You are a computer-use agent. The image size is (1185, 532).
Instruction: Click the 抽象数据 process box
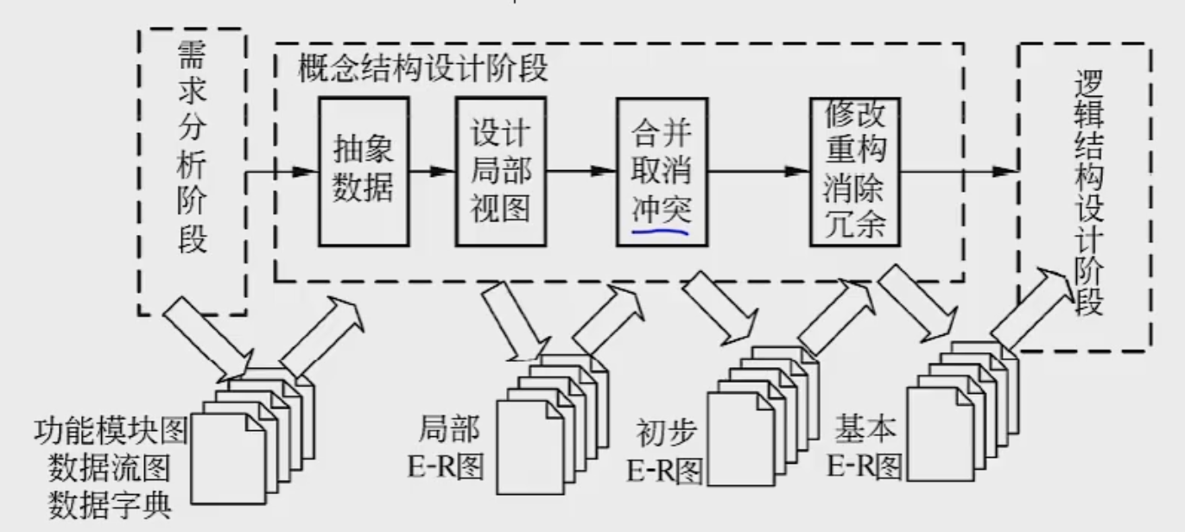click(363, 171)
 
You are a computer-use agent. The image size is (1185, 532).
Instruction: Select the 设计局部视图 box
click(500, 171)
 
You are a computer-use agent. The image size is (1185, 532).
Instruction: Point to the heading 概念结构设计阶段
click(423, 69)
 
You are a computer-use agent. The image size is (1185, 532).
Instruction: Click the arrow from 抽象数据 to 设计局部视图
click(432, 171)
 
